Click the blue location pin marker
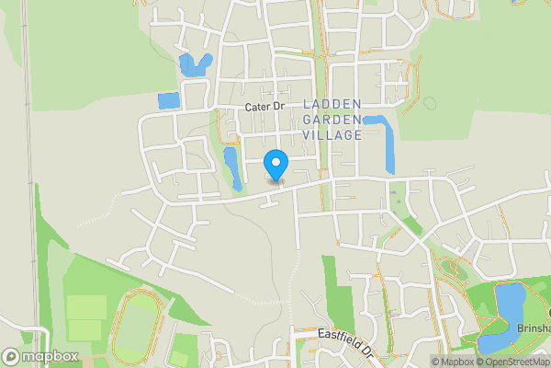[x=275, y=165]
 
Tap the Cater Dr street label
[x=265, y=108]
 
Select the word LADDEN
[x=332, y=103]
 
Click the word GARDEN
[x=332, y=119]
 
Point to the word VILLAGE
[x=332, y=134]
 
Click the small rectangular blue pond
[x=169, y=100]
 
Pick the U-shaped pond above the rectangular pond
[x=195, y=65]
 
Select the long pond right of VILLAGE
[x=388, y=143]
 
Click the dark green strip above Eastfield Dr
[x=337, y=294]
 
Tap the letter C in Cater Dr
[x=249, y=108]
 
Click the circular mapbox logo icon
[x=12, y=356]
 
